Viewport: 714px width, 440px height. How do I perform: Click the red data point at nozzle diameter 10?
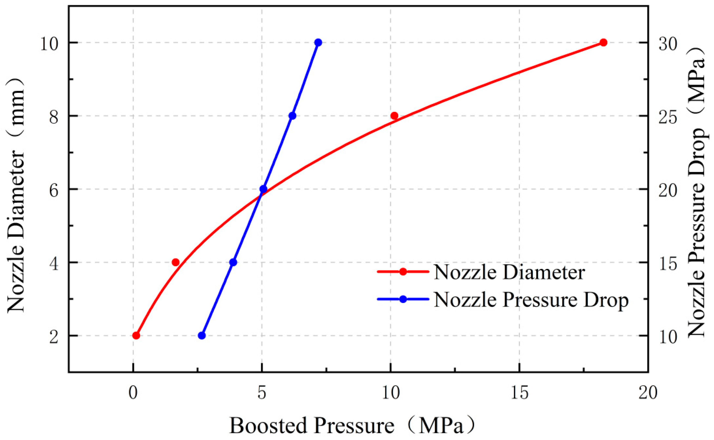click(604, 43)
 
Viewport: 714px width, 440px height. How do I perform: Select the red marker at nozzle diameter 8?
click(394, 116)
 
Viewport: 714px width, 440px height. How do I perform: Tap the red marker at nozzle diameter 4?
click(175, 262)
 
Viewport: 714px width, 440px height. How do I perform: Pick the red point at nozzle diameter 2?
click(136, 335)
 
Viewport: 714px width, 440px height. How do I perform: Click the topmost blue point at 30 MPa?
click(318, 43)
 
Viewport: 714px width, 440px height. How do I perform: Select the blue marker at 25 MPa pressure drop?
click(292, 116)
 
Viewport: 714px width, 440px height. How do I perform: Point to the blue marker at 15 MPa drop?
click(233, 262)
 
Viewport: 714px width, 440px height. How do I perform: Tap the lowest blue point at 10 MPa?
click(202, 335)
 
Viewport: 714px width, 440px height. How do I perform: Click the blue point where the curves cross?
click(263, 189)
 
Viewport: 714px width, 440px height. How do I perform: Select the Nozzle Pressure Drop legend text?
click(531, 300)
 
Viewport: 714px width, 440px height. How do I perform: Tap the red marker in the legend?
click(403, 272)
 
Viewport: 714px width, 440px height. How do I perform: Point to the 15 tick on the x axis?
click(519, 393)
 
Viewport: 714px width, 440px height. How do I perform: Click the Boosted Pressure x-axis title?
click(352, 426)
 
